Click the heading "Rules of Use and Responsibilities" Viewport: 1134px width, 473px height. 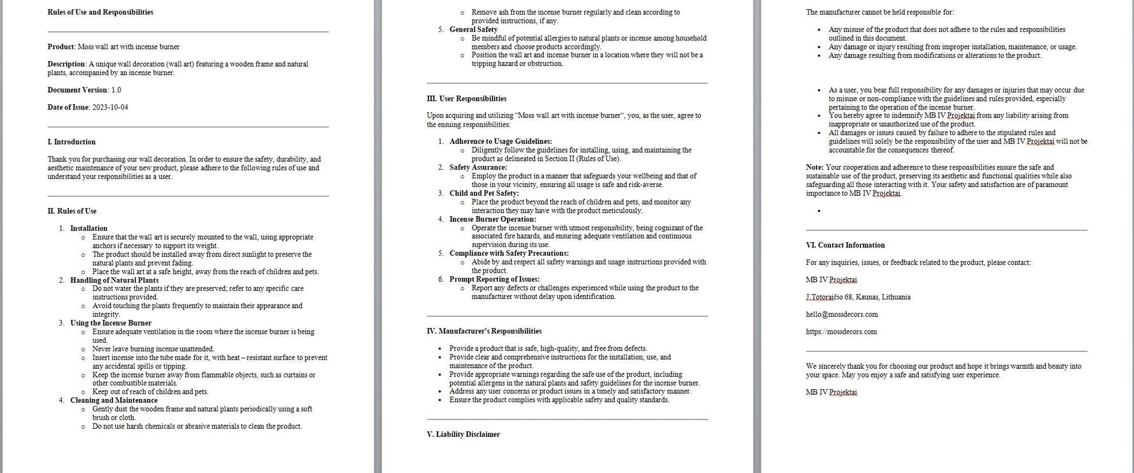tap(100, 12)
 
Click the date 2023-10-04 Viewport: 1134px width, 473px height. tap(110, 107)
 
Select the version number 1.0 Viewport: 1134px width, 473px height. tap(116, 90)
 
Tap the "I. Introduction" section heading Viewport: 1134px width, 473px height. tap(71, 142)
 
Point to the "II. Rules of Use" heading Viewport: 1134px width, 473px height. tap(72, 211)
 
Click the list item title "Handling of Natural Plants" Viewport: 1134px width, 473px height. tap(114, 280)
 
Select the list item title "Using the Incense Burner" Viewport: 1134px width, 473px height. tap(111, 323)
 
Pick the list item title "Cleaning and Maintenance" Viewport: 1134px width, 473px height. tap(114, 400)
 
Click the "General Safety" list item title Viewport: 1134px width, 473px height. tap(473, 30)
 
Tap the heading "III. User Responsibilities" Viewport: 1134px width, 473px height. tap(466, 99)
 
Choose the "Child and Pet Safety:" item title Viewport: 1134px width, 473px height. tap(484, 193)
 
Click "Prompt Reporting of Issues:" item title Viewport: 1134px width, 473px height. tap(494, 280)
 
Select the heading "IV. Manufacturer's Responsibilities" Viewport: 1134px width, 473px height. tap(484, 331)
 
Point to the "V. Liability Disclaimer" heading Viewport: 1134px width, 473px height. tap(463, 435)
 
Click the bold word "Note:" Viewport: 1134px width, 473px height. tap(815, 168)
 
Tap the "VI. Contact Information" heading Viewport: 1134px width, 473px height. tap(845, 245)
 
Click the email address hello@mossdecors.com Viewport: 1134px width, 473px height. tap(841, 315)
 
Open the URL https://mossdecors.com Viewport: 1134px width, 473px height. tap(841, 332)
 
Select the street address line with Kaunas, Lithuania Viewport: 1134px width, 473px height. tap(858, 297)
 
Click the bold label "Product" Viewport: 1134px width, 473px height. tap(61, 47)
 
